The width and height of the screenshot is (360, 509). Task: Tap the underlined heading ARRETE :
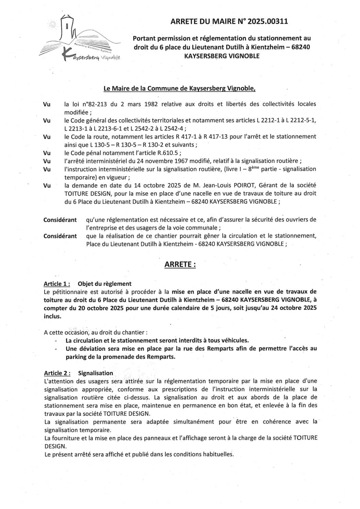(x=180, y=264)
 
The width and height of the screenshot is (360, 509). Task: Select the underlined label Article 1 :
(x=57, y=284)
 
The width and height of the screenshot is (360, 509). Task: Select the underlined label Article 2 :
(x=57, y=373)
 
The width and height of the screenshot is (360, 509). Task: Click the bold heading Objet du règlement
(x=104, y=284)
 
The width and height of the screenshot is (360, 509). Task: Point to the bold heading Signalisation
(x=95, y=373)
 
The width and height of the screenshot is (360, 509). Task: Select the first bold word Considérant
(x=60, y=220)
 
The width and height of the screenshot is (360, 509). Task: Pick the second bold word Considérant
(x=60, y=236)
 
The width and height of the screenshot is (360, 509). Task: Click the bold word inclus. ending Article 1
(x=52, y=316)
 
